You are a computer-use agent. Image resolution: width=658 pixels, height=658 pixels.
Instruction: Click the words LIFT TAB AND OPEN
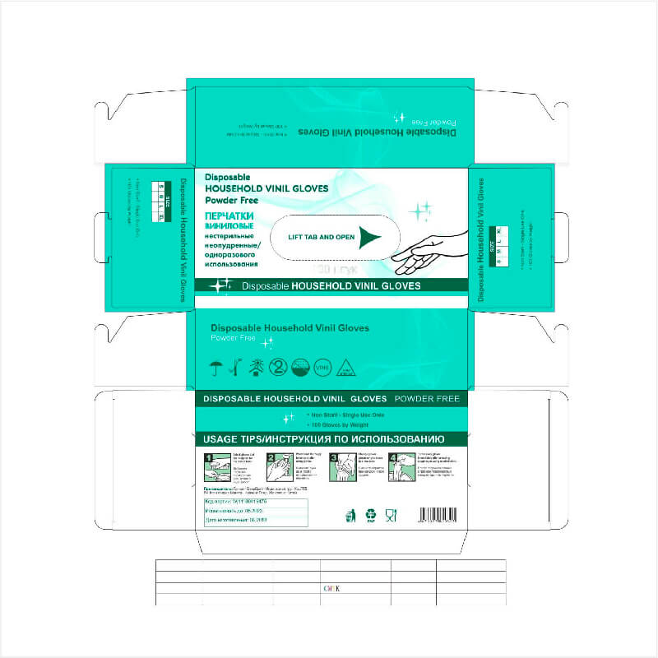tap(322, 237)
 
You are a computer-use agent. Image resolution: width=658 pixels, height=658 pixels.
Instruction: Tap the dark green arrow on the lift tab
tap(372, 237)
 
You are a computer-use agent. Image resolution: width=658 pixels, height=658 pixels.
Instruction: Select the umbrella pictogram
tap(217, 366)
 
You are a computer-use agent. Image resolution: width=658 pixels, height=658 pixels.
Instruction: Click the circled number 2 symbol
tap(279, 367)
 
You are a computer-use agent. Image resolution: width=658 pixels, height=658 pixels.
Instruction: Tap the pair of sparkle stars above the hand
tap(421, 211)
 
